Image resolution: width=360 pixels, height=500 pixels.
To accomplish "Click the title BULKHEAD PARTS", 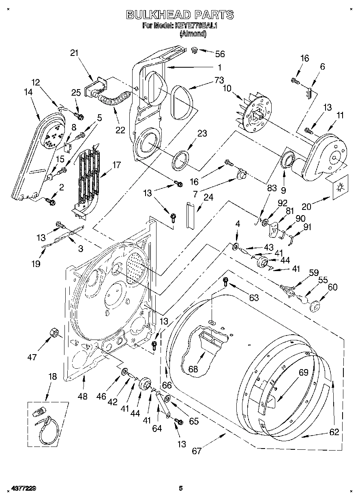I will click(x=180, y=15).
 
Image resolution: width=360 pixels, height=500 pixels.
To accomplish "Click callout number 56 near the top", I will click(x=220, y=54).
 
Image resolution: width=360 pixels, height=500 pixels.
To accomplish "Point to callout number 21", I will click(x=74, y=53).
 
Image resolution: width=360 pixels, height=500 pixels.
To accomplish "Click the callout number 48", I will click(x=82, y=397).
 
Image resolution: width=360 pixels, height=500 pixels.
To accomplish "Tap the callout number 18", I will click(x=53, y=376).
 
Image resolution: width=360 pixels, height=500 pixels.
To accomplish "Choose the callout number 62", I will click(x=334, y=432).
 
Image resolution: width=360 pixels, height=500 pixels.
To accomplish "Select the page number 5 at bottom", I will click(x=181, y=488).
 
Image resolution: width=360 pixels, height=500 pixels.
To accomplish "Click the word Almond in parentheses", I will click(x=193, y=34).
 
